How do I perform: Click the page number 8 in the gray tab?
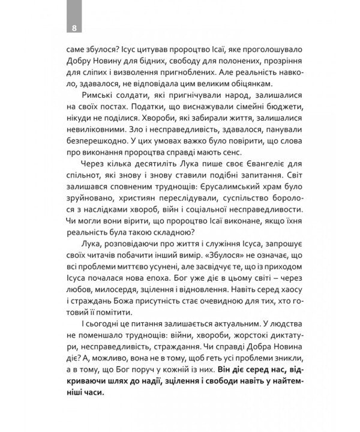(73, 28)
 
